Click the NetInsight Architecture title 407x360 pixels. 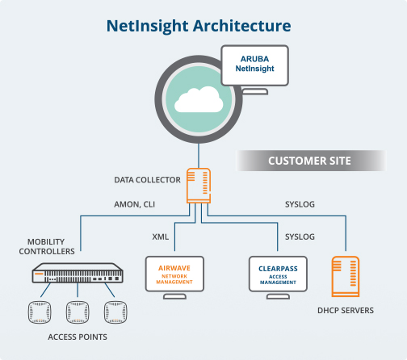199,27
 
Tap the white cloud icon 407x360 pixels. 199,99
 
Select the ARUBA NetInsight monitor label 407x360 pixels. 254,64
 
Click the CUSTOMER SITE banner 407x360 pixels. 309,161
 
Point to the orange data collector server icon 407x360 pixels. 199,186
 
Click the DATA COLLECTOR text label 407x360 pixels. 147,180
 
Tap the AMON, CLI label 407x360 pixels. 135,204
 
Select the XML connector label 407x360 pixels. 161,237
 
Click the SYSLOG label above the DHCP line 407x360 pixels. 300,204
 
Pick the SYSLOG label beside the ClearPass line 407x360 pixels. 300,237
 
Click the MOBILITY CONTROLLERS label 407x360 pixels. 47,246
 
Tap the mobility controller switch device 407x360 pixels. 78,273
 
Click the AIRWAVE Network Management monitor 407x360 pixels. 174,277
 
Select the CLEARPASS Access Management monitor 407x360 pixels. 278,277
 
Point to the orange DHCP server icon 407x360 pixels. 346,276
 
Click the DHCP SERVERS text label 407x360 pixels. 346,311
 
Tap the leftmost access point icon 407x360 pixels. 40,312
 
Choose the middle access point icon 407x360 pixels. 78,312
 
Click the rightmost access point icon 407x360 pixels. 115,312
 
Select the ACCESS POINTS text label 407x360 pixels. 78,337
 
